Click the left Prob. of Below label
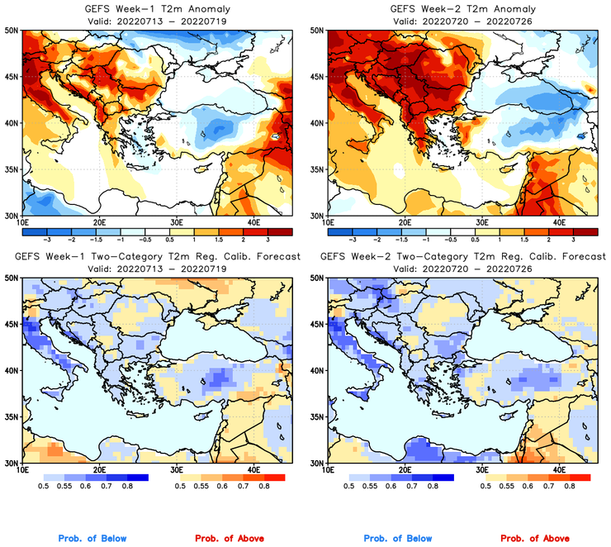[x=92, y=539]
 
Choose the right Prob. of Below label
[x=396, y=539]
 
